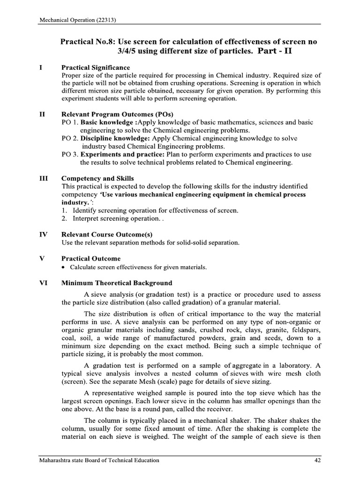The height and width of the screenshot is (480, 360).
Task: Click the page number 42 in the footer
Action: coord(317,460)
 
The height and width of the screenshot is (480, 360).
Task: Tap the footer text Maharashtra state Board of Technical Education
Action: coord(99,460)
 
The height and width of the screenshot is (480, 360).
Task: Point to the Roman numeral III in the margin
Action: coord(42,178)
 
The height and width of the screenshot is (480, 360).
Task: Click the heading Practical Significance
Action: coord(96,67)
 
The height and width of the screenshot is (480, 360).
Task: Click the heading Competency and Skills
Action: coord(97,178)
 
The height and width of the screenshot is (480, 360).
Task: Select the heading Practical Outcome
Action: coord(91,258)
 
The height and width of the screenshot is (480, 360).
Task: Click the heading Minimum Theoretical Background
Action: coord(117,283)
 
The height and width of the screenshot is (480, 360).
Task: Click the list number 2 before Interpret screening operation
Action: coord(64,218)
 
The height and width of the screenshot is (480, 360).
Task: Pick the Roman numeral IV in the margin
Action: coord(42,234)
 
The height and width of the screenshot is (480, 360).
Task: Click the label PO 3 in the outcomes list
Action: coord(69,154)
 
